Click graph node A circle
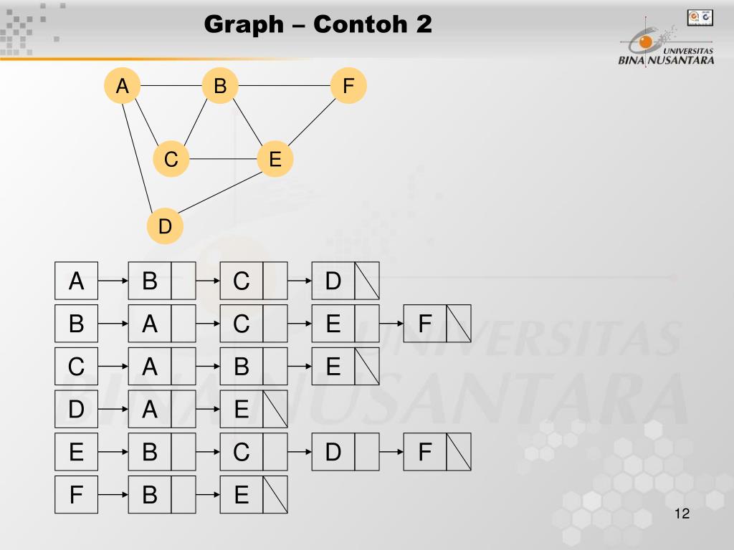123,86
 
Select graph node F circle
348,86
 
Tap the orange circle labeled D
166,226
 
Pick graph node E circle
275,159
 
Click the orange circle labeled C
171,159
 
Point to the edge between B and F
284,86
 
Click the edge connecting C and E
223,159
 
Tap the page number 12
682,514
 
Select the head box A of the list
76,281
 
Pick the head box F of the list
76,495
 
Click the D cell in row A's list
333,281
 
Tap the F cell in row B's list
425,324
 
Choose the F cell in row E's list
425,452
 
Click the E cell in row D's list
242,409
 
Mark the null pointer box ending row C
367,367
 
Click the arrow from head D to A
113,409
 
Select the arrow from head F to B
113,495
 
